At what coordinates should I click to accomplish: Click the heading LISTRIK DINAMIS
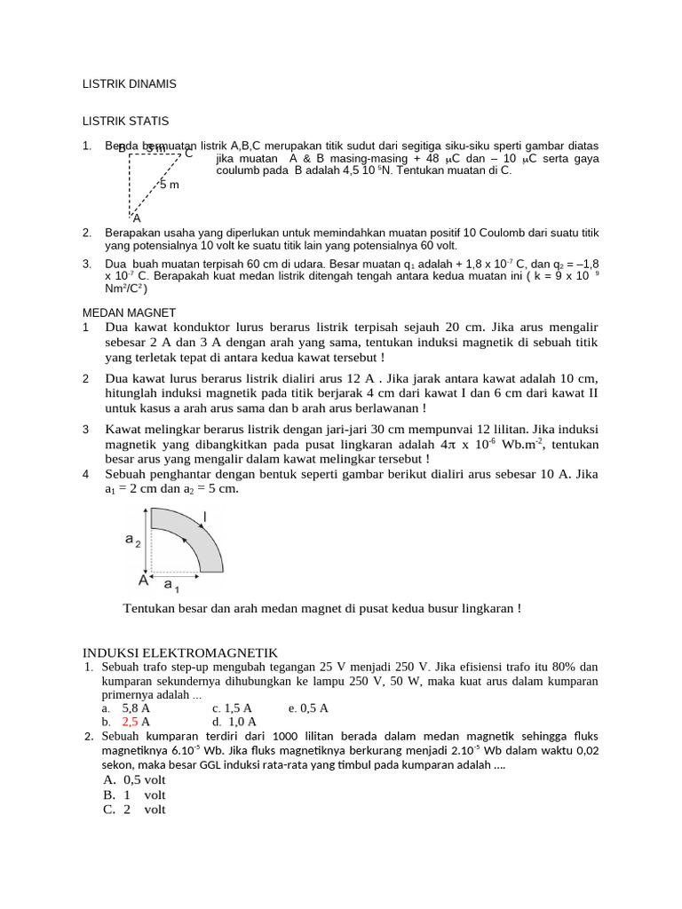coord(130,83)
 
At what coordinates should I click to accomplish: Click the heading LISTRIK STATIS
coord(125,121)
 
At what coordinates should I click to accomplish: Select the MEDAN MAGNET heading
coord(129,312)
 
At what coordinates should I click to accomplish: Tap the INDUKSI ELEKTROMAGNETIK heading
coord(180,652)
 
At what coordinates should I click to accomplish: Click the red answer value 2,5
coord(131,723)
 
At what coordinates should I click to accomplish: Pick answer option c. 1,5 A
coord(233,708)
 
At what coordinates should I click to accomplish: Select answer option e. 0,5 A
coord(308,708)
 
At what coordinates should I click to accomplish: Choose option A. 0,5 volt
coord(134,779)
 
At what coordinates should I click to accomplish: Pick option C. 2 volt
coord(134,810)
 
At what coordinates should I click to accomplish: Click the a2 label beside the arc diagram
coord(132,541)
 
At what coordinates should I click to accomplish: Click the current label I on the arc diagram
coord(206,517)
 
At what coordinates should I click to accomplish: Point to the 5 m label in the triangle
coord(169,185)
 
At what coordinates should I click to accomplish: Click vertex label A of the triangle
coord(136,217)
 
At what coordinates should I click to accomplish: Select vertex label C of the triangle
coord(188,154)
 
